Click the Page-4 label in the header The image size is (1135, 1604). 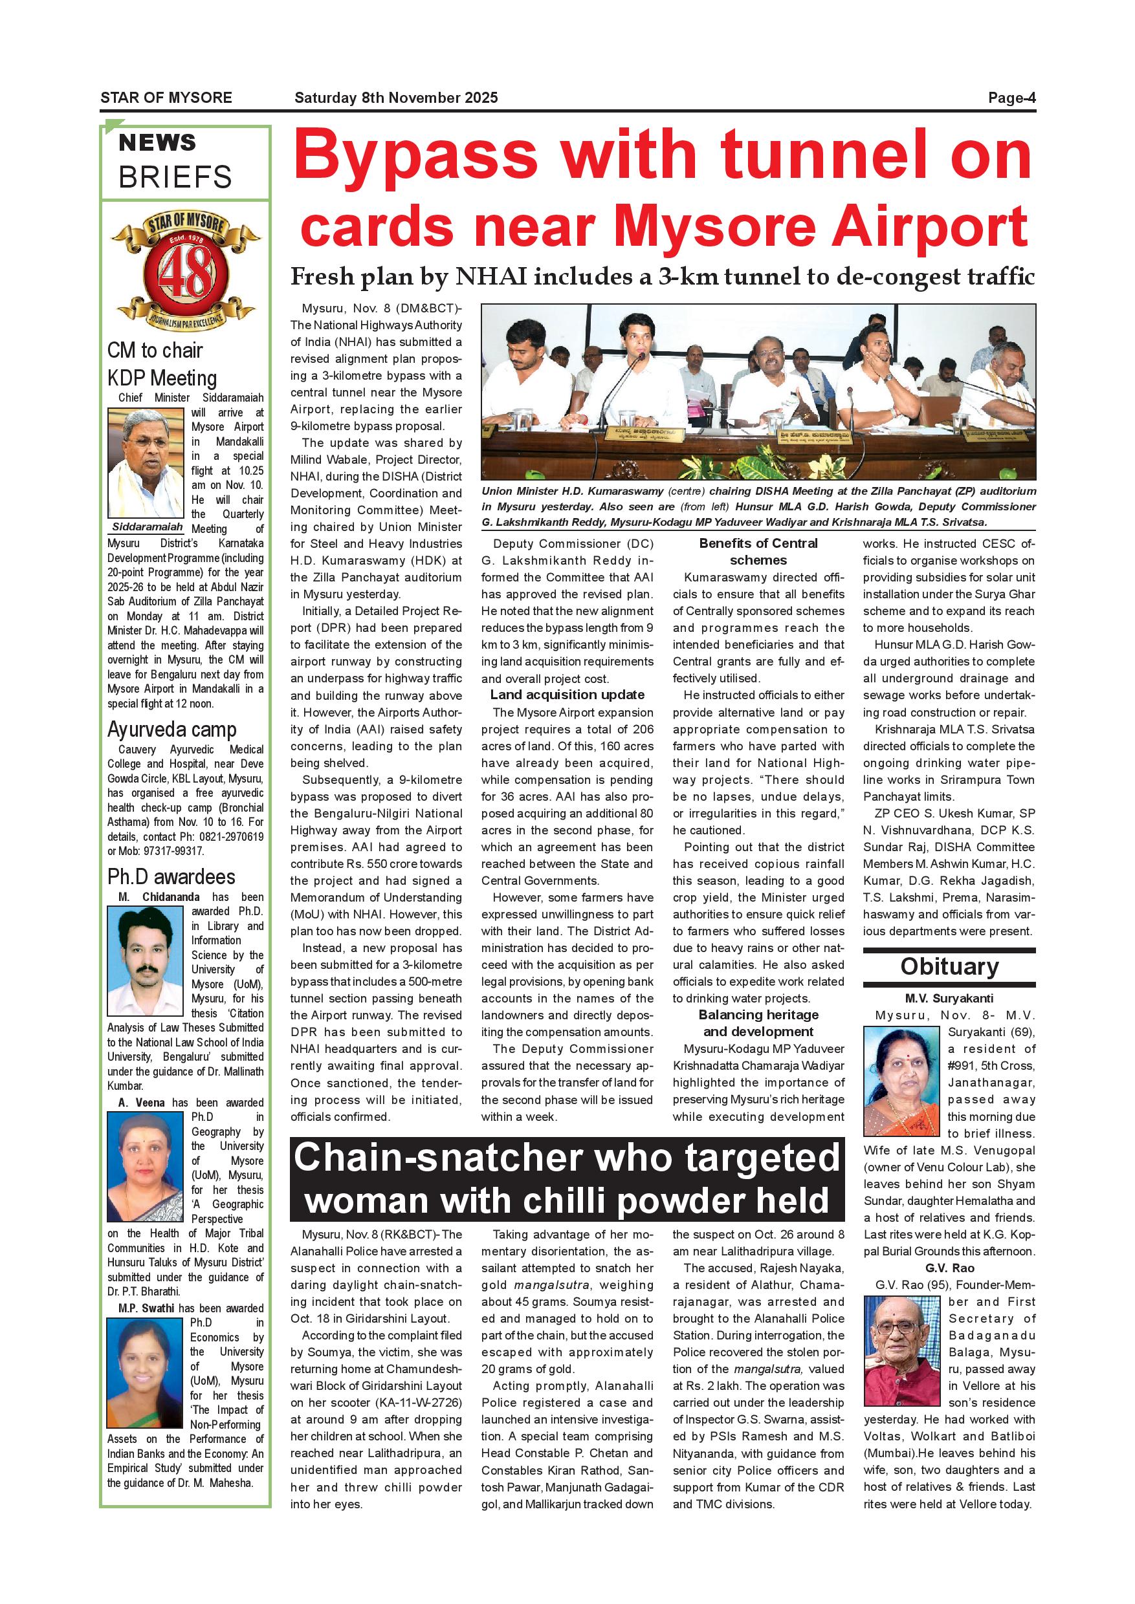(x=1011, y=98)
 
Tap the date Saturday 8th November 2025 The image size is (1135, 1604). (x=395, y=98)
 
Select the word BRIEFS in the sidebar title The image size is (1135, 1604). (x=175, y=177)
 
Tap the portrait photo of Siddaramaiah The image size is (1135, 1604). (x=146, y=463)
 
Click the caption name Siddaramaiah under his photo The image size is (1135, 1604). (x=147, y=526)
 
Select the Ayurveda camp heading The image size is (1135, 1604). (x=172, y=730)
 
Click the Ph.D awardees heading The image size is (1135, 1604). (x=171, y=877)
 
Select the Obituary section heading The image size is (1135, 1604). (x=949, y=966)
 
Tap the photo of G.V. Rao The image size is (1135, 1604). (x=901, y=1341)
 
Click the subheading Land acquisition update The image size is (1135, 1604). (x=567, y=695)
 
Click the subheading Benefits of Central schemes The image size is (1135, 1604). (x=758, y=551)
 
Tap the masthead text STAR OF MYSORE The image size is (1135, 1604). (x=166, y=98)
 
